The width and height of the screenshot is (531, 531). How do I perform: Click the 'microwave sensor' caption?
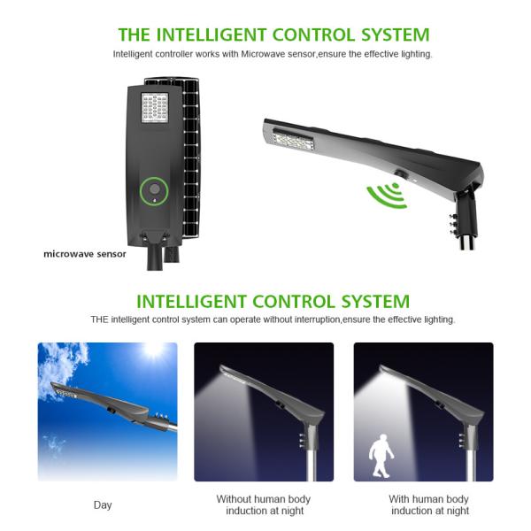(x=85, y=254)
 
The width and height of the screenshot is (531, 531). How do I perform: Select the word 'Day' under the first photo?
(x=103, y=505)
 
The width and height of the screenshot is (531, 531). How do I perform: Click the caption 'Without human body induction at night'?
(x=264, y=505)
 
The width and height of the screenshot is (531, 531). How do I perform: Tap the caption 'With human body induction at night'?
(x=423, y=505)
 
